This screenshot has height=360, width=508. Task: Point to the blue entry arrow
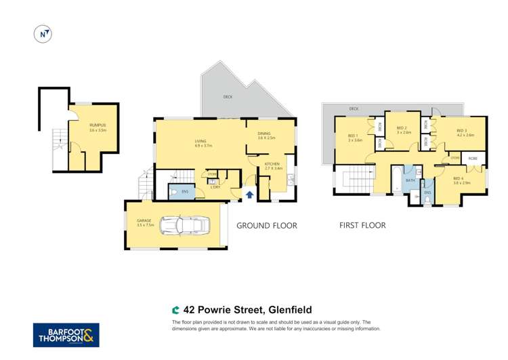point(249,195)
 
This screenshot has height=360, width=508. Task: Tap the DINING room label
point(266,135)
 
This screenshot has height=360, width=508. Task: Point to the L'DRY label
point(215,186)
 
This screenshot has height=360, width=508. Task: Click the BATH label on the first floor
point(410,180)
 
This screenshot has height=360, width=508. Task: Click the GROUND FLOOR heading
point(266,226)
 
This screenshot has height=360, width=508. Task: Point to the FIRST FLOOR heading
point(362,226)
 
